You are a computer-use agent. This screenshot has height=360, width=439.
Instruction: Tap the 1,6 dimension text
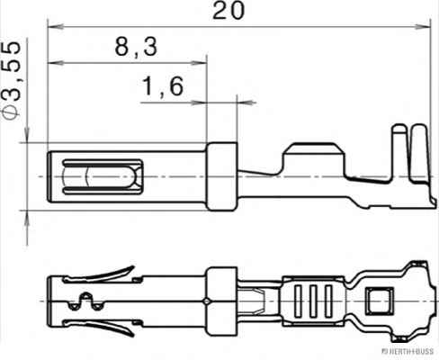(x=163, y=86)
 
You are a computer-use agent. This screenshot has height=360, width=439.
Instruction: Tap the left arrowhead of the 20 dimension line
(x=50, y=29)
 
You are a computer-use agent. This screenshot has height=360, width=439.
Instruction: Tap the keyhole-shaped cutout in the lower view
(x=87, y=301)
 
